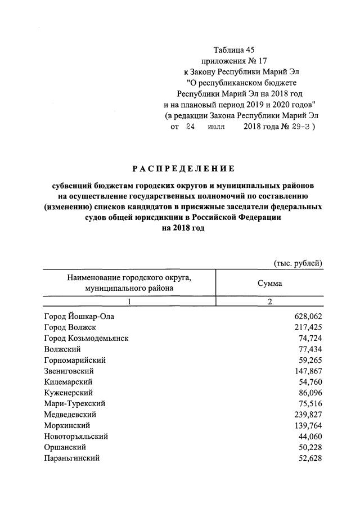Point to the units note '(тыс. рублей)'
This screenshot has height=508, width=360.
click(x=298, y=263)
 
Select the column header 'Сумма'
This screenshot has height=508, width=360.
click(x=269, y=284)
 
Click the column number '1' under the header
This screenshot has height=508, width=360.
click(x=129, y=302)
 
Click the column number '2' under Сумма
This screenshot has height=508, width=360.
click(x=269, y=302)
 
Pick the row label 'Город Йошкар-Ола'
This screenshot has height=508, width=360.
click(x=79, y=317)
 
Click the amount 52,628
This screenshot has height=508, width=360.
click(x=309, y=458)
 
